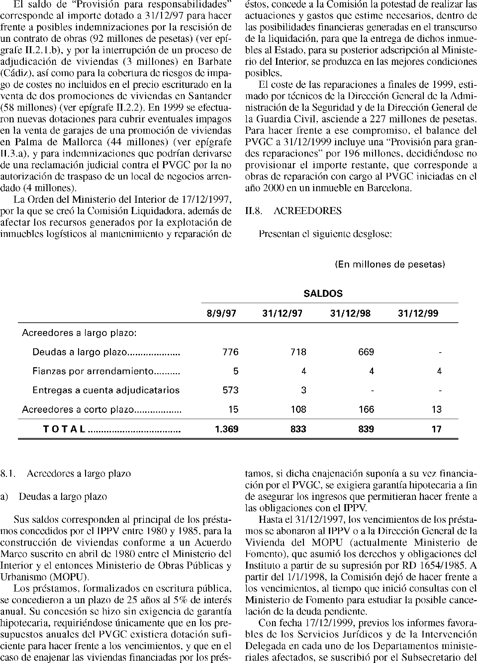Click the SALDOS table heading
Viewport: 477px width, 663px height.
323,294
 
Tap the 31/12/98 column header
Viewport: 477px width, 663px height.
350,313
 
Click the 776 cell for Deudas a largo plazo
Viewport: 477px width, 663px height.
231,352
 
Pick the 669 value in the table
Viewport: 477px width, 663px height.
366,352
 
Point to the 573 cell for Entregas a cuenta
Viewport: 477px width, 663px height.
231,390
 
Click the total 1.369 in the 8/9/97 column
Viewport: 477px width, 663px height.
227,429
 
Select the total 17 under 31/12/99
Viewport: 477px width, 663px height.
436,429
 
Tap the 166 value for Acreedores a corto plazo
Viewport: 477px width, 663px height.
366,409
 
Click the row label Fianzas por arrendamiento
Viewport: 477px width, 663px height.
93,371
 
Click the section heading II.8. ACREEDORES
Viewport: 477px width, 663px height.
293,211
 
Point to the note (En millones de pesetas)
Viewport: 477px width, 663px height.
390,265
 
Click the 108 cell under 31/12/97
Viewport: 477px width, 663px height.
298,409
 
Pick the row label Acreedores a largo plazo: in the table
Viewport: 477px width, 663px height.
79,333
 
